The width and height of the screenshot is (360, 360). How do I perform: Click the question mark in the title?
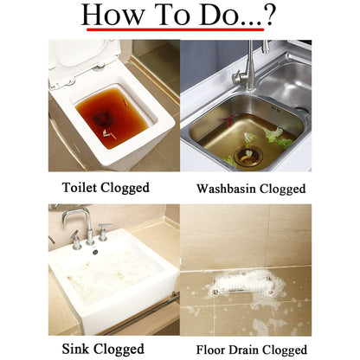pos(269,15)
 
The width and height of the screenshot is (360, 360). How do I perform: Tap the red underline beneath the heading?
pos(176,29)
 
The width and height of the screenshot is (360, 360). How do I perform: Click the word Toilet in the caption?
pos(80,187)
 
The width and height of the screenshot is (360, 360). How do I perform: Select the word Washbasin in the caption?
pos(226,189)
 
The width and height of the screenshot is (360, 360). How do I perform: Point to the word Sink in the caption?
pos(76,349)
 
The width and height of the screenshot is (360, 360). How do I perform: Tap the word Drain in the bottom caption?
pos(245,350)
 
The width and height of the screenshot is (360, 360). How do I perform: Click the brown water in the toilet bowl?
pos(112,118)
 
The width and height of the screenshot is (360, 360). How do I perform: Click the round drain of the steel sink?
pos(247,156)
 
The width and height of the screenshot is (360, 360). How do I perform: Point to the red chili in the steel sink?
pos(229,119)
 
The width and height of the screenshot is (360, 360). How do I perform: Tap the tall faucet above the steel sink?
pos(246,67)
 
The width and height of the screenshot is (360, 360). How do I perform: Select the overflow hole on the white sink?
pos(95,253)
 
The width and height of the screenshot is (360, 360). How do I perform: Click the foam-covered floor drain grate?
pos(243,285)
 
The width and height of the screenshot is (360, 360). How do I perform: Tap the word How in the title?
pos(112,15)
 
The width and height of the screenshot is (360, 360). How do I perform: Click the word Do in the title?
pos(220,15)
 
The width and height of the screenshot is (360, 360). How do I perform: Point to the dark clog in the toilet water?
pos(101,119)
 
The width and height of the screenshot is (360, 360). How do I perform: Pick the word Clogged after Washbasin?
pos(282,190)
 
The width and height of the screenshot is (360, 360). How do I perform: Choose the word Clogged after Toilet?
pos(125,188)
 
